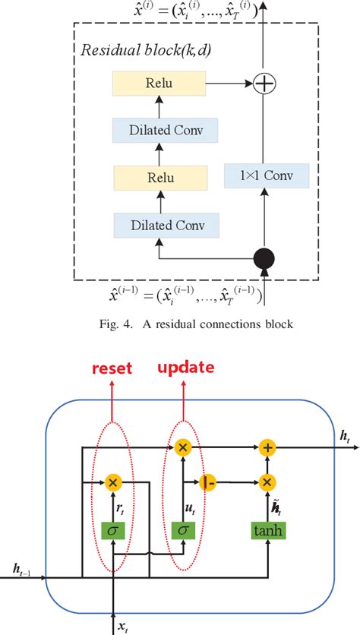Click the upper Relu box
(159, 84)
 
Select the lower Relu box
(160, 178)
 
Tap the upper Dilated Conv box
(166, 131)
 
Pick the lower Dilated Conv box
(166, 225)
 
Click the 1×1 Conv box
(267, 175)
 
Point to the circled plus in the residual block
(264, 84)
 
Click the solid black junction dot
(264, 258)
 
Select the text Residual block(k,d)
(146, 51)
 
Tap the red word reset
(112, 368)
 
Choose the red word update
(186, 368)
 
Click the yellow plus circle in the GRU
(267, 447)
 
